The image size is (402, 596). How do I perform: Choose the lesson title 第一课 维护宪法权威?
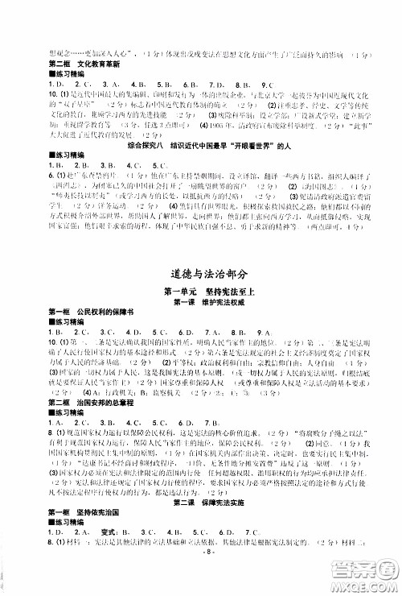click(x=200, y=301)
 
